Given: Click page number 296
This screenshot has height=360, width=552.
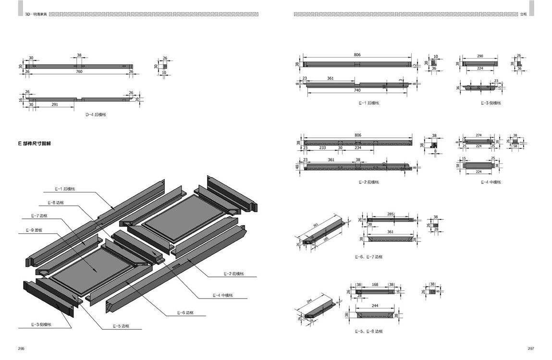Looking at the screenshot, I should pyautogui.click(x=21, y=348).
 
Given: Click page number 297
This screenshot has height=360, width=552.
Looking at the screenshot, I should pyautogui.click(x=530, y=348).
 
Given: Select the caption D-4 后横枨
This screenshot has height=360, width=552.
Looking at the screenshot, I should pyautogui.click(x=96, y=115).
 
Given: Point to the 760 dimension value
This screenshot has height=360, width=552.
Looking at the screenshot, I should pyautogui.click(x=79, y=72).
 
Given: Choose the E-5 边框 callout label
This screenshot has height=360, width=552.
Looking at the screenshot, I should pyautogui.click(x=121, y=326).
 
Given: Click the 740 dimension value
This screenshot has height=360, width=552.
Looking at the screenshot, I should pyautogui.click(x=357, y=91).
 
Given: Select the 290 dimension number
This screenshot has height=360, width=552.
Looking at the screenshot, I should pyautogui.click(x=480, y=56).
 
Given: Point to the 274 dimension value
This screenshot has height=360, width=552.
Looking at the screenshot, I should pyautogui.click(x=478, y=135).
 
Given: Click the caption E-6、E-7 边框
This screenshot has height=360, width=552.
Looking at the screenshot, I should pyautogui.click(x=369, y=257).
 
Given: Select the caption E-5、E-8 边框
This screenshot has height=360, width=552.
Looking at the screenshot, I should pyautogui.click(x=369, y=331).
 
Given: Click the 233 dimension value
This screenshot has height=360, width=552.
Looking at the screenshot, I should pyautogui.click(x=322, y=148).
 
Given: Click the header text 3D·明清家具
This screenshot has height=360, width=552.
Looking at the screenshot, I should pyautogui.click(x=36, y=15).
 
